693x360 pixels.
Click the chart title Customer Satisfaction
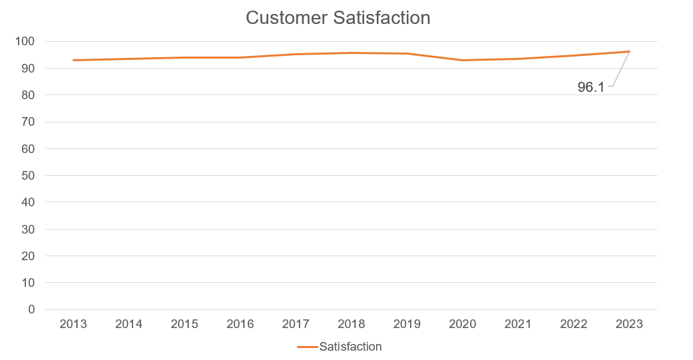(338, 18)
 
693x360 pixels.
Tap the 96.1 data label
(590, 87)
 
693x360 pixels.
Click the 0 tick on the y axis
(31, 309)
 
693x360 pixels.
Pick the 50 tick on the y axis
(27, 176)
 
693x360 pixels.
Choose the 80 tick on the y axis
(27, 95)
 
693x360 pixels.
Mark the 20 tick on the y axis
(27, 256)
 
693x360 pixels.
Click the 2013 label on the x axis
(73, 324)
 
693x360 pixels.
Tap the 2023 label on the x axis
(629, 324)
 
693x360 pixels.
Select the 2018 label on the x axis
(351, 324)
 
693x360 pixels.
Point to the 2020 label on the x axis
(463, 324)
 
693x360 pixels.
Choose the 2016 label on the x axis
(240, 324)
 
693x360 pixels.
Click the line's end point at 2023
(629, 51)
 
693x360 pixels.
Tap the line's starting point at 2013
(73, 60)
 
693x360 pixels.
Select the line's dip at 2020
(463, 60)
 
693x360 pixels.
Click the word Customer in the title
(286, 18)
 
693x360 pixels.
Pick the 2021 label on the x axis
(518, 324)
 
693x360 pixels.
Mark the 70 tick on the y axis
(27, 122)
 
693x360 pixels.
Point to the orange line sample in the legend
(308, 347)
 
